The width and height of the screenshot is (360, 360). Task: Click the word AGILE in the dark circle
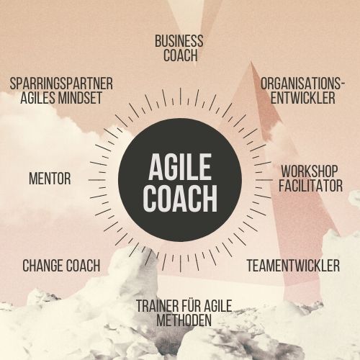tap(180, 167)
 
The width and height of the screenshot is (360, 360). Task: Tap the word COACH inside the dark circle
tap(180, 199)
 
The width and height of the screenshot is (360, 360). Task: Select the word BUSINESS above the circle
tap(179, 41)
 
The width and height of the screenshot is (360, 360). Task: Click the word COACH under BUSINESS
tap(181, 55)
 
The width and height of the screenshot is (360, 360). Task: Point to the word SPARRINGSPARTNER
tap(61, 84)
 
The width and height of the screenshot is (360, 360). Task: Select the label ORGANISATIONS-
tap(303, 84)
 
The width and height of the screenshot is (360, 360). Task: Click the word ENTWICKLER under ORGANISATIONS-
tap(303, 97)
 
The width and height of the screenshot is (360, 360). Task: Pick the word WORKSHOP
tap(310, 171)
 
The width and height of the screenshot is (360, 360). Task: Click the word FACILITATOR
tap(310, 186)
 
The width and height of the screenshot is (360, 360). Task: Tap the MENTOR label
tap(50, 179)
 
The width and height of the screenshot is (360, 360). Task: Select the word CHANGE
tap(42, 266)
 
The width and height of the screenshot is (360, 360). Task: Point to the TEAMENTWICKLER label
tap(293, 266)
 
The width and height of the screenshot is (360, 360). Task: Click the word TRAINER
tap(158, 306)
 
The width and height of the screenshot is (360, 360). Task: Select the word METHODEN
tap(184, 320)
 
